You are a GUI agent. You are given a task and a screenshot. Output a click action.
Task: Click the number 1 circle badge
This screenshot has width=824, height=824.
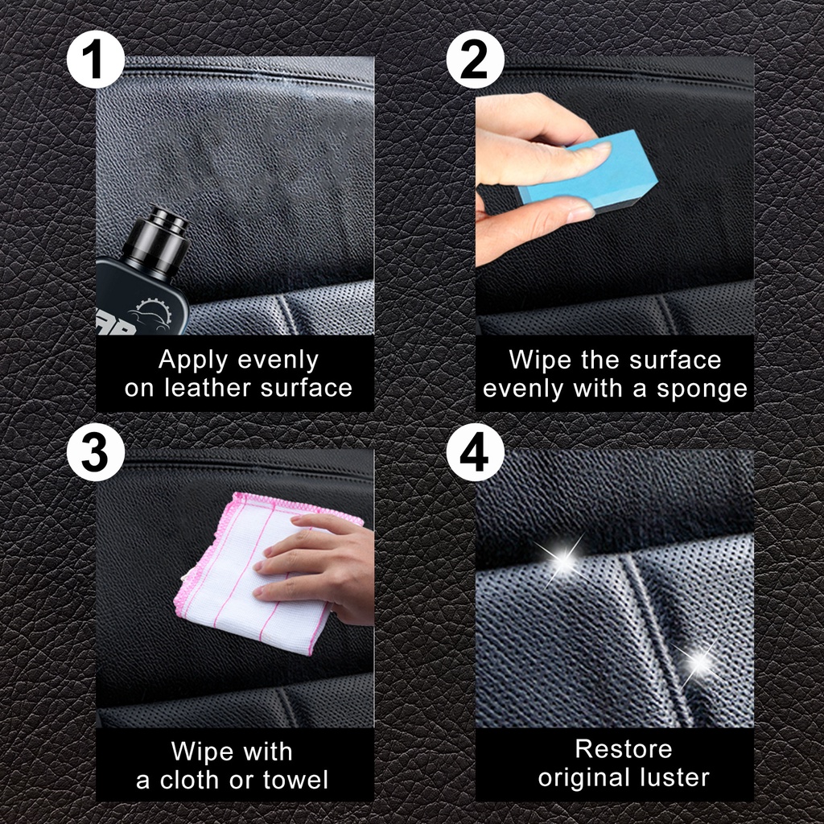(x=96, y=60)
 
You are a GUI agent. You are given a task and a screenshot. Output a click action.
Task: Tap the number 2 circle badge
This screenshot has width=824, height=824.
(x=475, y=60)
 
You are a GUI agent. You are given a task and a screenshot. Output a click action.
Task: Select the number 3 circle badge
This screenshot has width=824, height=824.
(x=96, y=453)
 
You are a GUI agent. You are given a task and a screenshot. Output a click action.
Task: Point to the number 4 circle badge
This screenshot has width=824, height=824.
(x=475, y=453)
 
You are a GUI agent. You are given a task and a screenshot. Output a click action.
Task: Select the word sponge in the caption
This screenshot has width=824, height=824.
(x=702, y=389)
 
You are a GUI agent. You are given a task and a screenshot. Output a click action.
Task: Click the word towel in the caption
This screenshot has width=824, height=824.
(x=294, y=780)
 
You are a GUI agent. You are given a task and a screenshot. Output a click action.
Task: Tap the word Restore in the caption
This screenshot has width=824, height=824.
(x=623, y=748)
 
